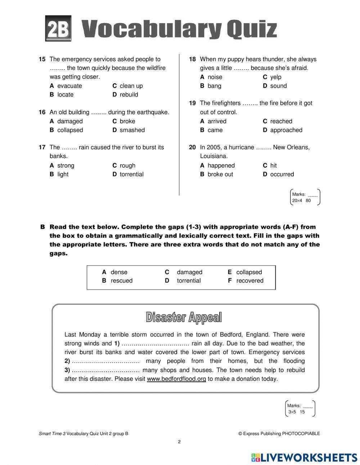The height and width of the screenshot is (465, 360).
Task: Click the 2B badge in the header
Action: tap(58, 28)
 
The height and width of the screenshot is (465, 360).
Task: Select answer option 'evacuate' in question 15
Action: tap(69, 86)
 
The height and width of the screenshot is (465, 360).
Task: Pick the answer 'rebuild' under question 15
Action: tap(129, 94)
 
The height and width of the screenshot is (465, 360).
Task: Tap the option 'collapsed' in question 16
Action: tap(70, 130)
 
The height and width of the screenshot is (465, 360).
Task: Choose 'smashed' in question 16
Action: tap(132, 130)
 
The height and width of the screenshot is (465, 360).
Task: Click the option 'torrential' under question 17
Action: tap(131, 174)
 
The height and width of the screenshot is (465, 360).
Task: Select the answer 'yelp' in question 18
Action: tap(275, 77)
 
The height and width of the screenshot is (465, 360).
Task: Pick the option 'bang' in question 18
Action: tap(214, 86)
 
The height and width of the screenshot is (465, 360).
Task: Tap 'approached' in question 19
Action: tap(286, 130)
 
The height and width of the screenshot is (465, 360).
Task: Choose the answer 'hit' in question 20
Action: tap(273, 166)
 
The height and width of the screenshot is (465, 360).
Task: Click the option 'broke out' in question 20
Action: tap(220, 174)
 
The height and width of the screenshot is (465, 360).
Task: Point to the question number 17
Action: tap(42, 147)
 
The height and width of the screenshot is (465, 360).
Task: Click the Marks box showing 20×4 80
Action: tap(305, 197)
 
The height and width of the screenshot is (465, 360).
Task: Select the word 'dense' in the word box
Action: tap(119, 272)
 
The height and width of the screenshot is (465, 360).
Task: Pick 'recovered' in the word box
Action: tap(249, 281)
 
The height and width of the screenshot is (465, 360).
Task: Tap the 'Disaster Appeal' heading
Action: tap(184, 317)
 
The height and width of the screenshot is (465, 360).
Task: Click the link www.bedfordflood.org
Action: tap(176, 379)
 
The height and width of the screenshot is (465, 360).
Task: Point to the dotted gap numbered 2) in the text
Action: tap(105, 361)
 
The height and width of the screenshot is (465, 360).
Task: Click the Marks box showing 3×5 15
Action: tap(300, 409)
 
